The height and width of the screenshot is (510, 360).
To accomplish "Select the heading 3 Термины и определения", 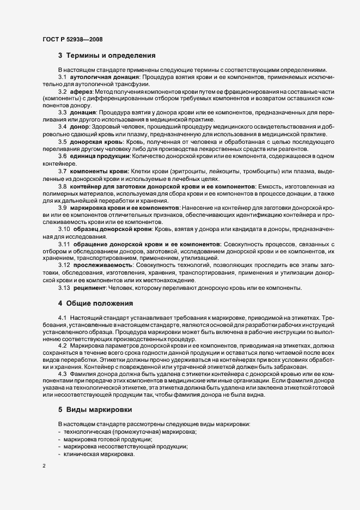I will tap(107, 55).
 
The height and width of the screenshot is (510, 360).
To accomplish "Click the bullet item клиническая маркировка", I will tap(99, 454).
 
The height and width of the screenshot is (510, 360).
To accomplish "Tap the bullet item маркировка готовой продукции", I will tap(108, 439).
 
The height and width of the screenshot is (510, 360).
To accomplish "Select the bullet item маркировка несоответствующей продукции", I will tap(125, 446).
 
